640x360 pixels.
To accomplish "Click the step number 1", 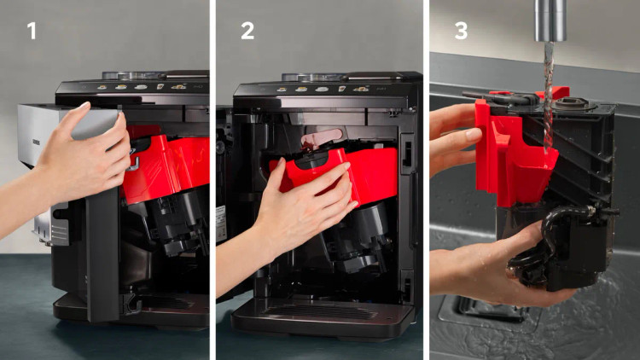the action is pyautogui.click(x=32, y=31).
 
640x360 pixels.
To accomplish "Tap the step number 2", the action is pyautogui.click(x=247, y=31).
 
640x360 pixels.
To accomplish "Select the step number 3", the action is pyautogui.click(x=461, y=31).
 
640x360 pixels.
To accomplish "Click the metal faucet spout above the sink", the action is pyautogui.click(x=550, y=20).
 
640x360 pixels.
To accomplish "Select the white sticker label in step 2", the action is pyautogui.click(x=221, y=224).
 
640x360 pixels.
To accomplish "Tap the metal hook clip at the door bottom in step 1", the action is pyautogui.click(x=131, y=306).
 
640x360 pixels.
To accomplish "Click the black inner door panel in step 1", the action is pyautogui.click(x=102, y=253).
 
